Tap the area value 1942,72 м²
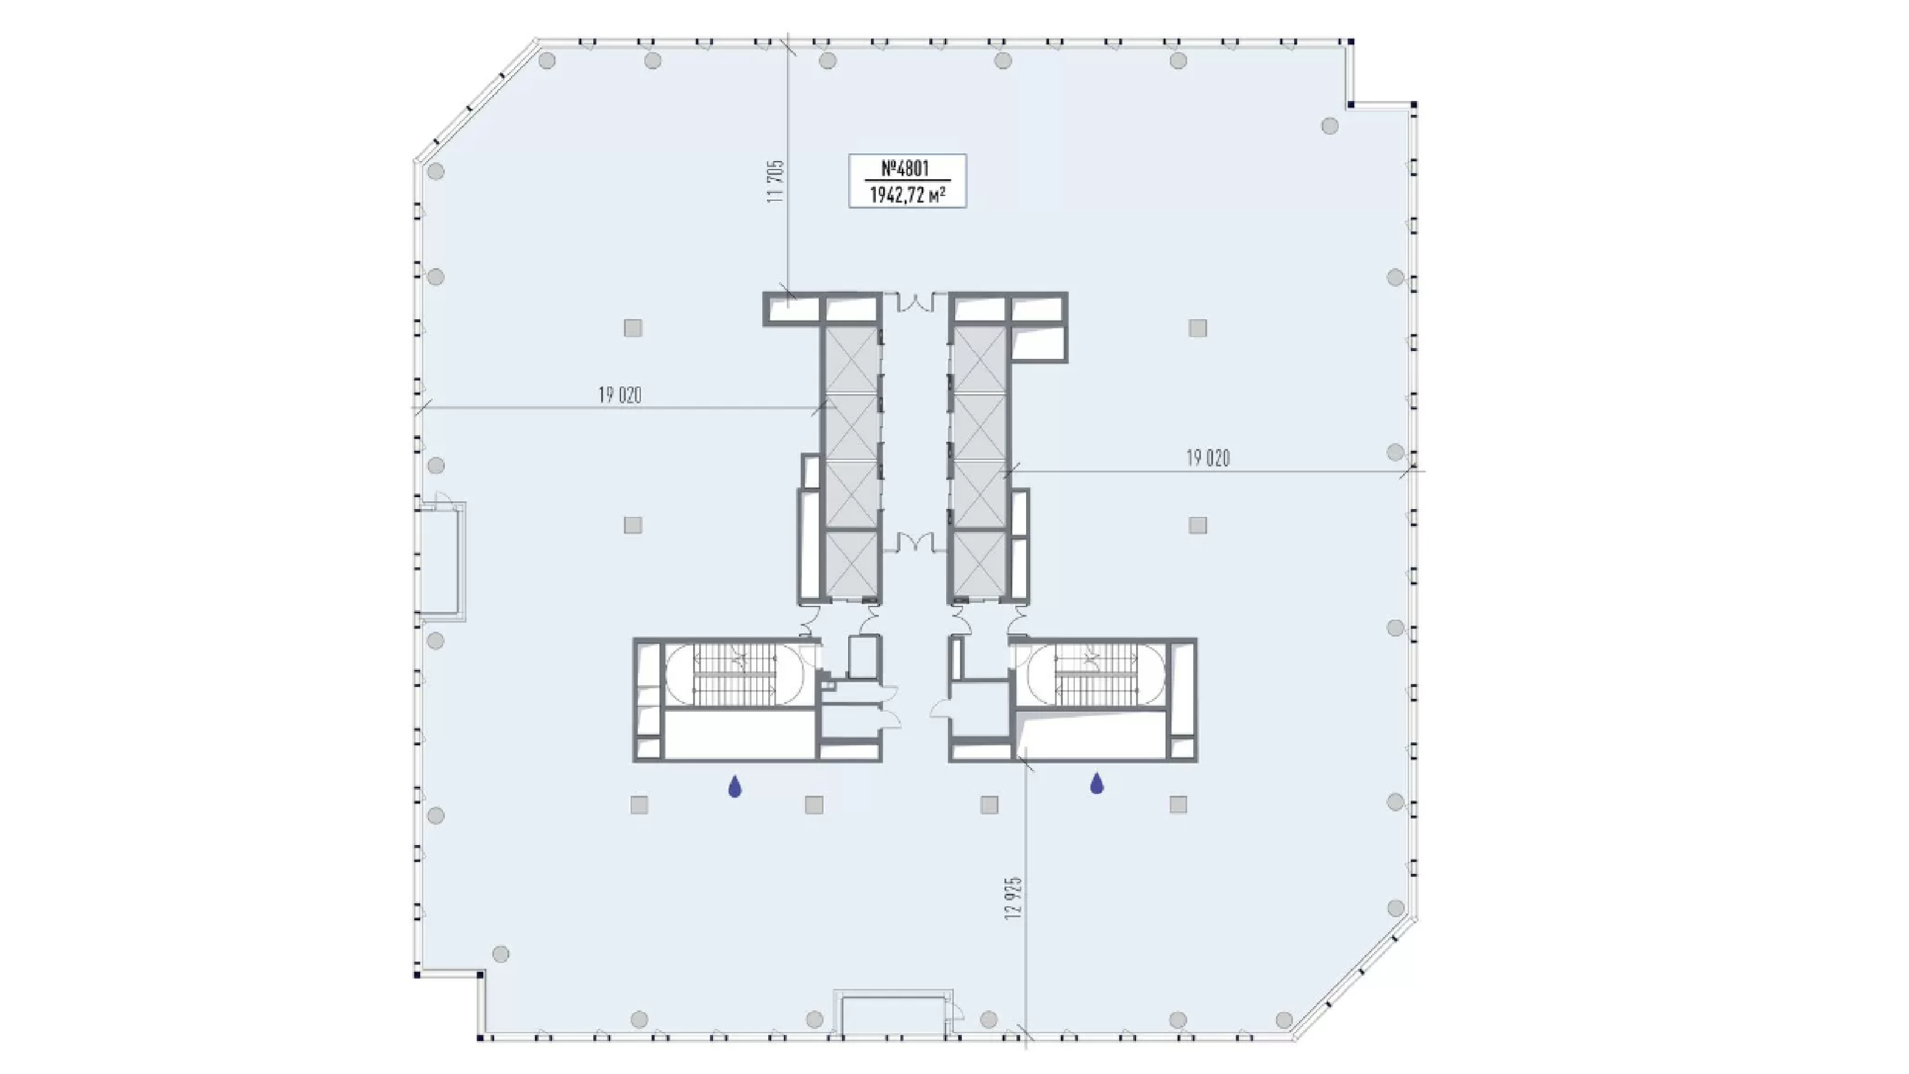tap(907, 195)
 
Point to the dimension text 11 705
tap(776, 182)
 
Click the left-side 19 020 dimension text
tap(620, 395)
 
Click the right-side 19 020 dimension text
tap(1208, 458)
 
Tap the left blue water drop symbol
tap(735, 786)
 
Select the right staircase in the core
tap(1095, 674)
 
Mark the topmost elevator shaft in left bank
tap(852, 360)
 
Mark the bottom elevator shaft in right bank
tap(979, 563)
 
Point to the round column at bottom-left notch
tap(501, 954)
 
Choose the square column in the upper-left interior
tap(632, 328)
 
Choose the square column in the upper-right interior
tap(1197, 328)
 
